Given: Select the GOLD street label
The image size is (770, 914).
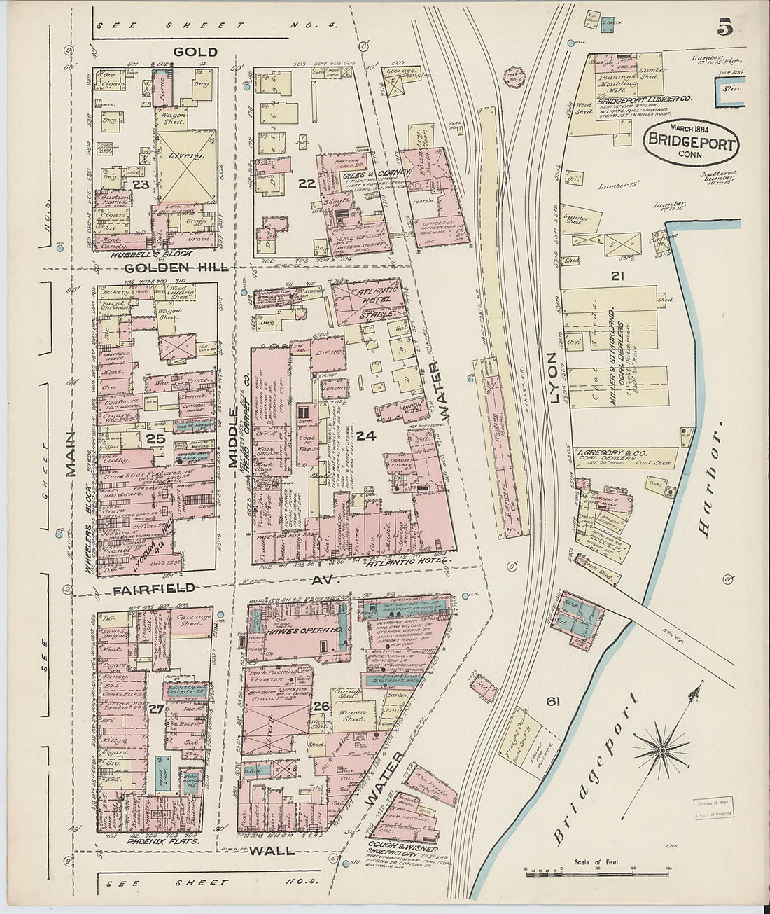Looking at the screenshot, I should (187, 52).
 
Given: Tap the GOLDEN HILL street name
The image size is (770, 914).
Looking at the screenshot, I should (174, 268).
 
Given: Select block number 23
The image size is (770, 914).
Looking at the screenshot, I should (141, 185).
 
